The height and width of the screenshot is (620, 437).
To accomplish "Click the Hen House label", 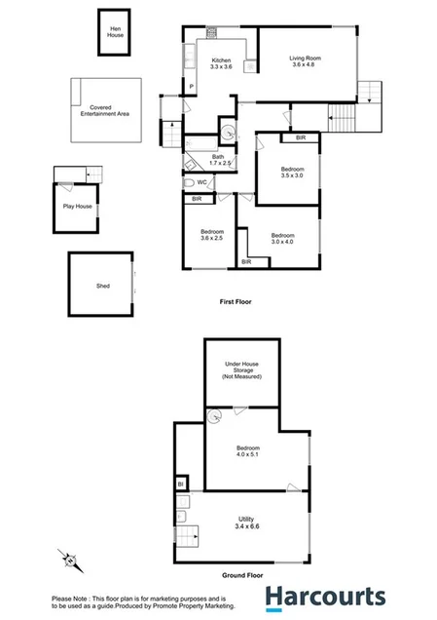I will [116, 32].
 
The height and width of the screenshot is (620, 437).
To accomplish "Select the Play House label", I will [77, 207].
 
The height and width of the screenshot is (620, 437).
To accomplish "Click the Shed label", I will [102, 287].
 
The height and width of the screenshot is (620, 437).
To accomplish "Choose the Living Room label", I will [306, 64].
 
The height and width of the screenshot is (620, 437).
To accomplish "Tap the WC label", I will [200, 182].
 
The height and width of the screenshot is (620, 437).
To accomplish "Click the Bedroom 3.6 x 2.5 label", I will [211, 235].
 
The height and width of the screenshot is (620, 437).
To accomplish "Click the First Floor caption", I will [236, 303].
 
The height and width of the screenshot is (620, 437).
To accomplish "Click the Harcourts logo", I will [326, 597].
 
